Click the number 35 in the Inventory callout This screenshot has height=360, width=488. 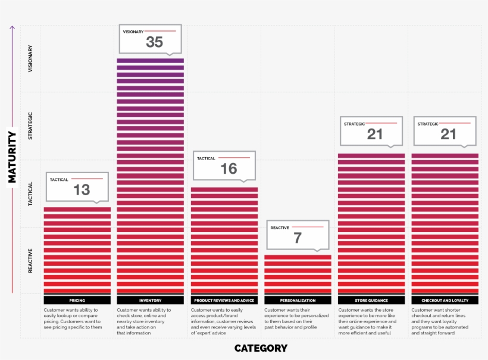point(154,42)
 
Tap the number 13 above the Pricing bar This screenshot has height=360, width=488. point(82,190)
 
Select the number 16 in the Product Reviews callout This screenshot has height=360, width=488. point(229,169)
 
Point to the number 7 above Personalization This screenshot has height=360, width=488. point(298,238)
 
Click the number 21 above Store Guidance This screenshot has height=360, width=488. point(375,134)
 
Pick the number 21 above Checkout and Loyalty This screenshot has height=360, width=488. point(448,134)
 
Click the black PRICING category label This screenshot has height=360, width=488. point(77,300)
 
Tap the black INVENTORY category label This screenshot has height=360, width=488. point(151,300)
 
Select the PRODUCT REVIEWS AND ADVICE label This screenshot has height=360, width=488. point(224,300)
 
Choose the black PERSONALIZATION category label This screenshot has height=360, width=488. point(298,300)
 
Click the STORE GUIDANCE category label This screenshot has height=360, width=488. point(371,300)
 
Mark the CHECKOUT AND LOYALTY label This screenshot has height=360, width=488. point(445,300)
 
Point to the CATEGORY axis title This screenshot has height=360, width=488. point(261,348)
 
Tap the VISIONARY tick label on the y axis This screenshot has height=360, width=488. point(31,59)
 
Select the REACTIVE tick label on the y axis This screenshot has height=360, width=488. point(31,261)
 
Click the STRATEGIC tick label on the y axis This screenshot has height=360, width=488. point(31,126)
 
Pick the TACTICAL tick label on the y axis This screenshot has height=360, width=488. point(31,193)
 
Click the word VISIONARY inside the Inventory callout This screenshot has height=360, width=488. point(133,32)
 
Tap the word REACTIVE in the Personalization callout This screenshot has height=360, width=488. point(280,228)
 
